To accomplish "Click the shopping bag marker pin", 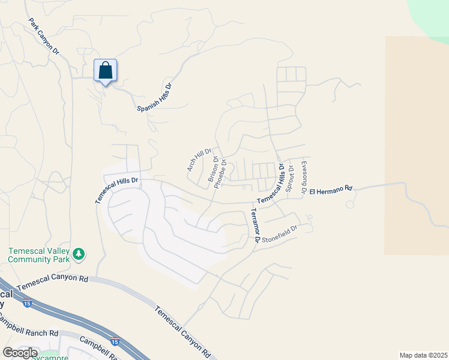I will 106,71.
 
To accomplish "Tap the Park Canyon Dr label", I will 44,37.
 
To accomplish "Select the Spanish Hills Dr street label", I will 154,97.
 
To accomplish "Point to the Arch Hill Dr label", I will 199,160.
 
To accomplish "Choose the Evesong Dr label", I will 304,177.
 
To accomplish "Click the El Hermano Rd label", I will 331,190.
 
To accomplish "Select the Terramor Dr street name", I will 254,225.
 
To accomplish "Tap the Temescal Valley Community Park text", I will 39,255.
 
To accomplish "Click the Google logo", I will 20,353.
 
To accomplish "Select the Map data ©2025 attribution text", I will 423,355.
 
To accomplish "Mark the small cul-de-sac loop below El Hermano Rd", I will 349,205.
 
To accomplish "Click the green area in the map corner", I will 431,15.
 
